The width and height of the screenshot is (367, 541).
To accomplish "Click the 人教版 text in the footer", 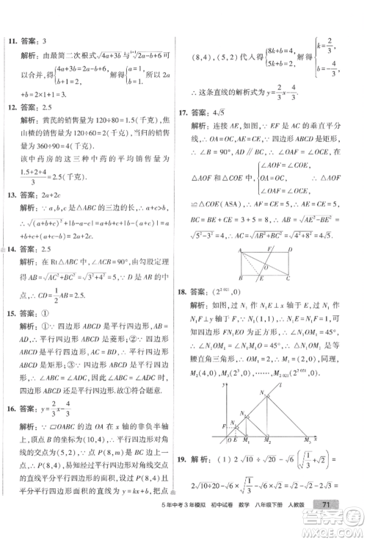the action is [317, 523].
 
